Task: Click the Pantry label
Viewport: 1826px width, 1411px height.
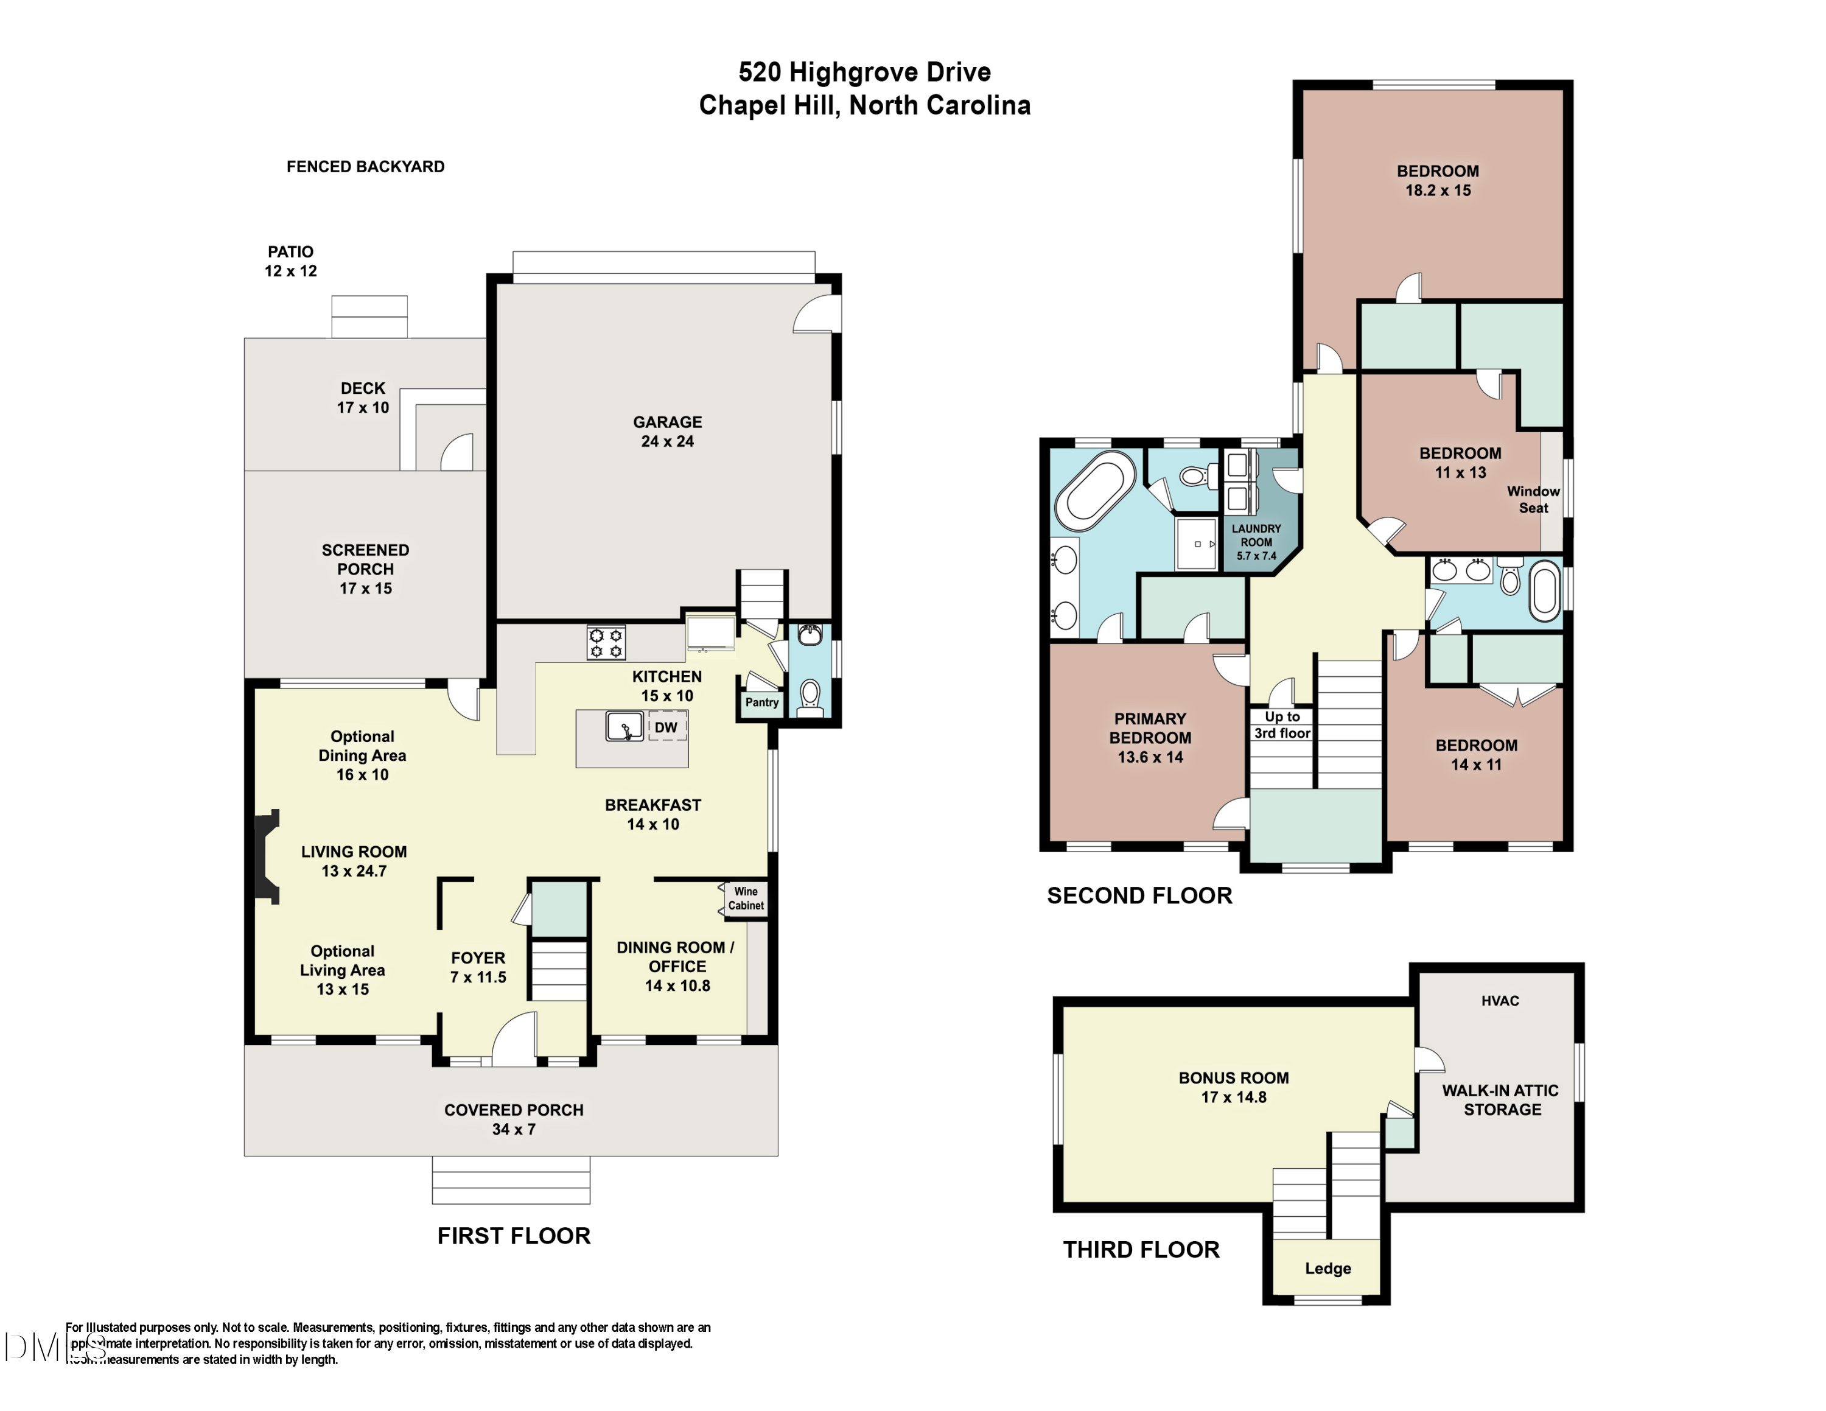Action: [x=761, y=702]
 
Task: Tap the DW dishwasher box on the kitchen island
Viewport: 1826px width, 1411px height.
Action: [x=666, y=727]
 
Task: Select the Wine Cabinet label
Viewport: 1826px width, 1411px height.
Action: [x=746, y=898]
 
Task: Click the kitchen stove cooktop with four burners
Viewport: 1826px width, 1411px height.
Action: [x=607, y=643]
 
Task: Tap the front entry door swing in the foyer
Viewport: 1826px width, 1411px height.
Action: [x=513, y=1039]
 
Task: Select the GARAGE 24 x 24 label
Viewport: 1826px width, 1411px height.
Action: [x=667, y=432]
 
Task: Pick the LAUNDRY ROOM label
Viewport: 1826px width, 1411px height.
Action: [x=1256, y=542]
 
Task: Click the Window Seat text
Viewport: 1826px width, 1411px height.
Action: [x=1533, y=499]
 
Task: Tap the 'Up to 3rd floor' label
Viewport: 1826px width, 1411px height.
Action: [x=1282, y=725]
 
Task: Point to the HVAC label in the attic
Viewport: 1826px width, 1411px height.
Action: [x=1500, y=1001]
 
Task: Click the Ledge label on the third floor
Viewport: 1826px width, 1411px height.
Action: [x=1328, y=1268]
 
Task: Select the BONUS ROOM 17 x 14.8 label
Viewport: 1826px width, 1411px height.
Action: [x=1233, y=1087]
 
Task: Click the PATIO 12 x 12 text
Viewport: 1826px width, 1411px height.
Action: [x=291, y=261]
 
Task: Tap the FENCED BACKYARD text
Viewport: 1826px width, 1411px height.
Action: [x=365, y=166]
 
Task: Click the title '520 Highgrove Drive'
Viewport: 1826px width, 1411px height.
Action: [x=864, y=72]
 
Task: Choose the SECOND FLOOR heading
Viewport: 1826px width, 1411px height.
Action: [x=1139, y=895]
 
